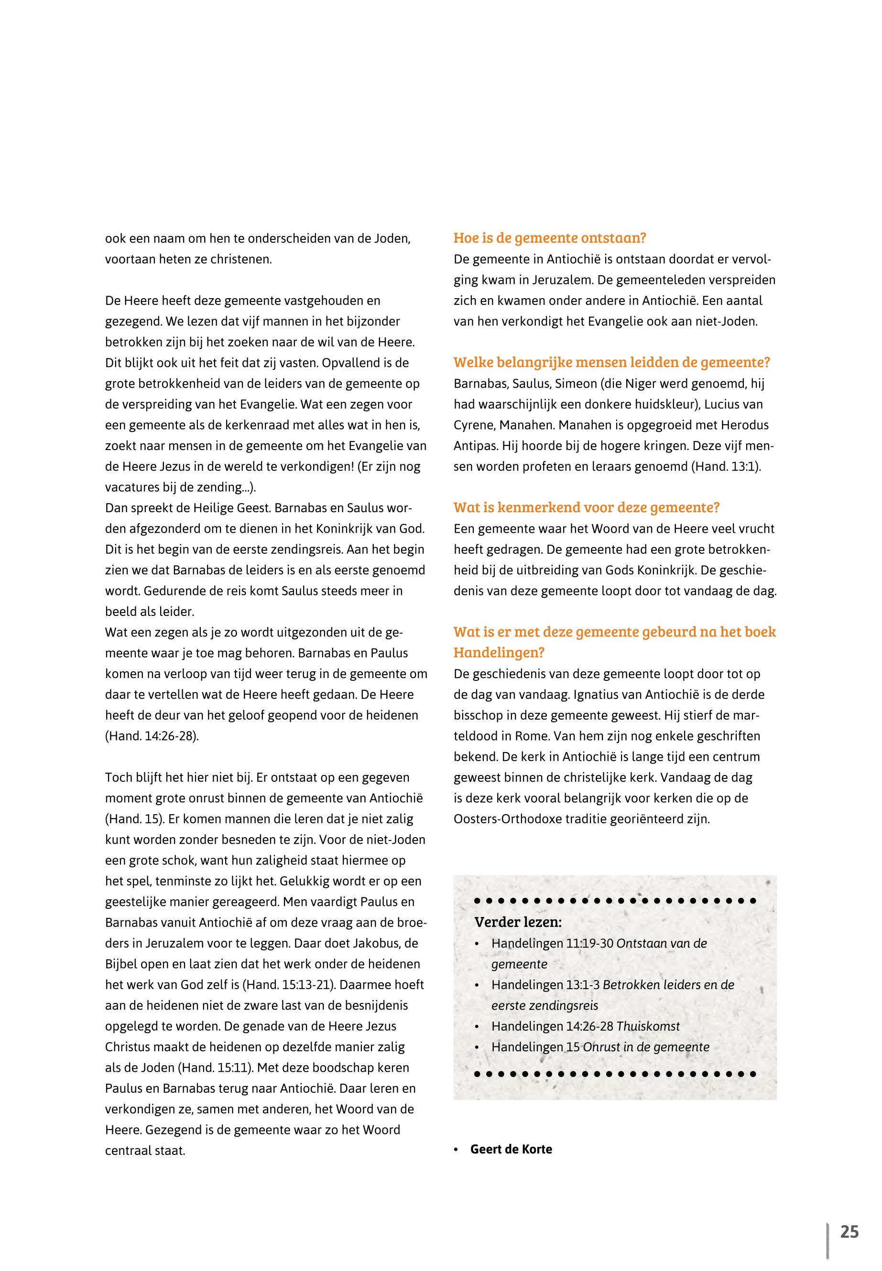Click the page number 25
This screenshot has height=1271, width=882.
click(x=849, y=1232)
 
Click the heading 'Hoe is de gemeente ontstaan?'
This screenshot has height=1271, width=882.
click(x=550, y=238)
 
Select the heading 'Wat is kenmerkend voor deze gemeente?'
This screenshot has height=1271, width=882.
click(x=587, y=507)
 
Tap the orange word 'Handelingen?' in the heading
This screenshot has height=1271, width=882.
click(x=499, y=652)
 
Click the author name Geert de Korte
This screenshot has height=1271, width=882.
click(x=511, y=1149)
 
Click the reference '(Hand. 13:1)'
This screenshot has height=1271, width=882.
click(x=726, y=466)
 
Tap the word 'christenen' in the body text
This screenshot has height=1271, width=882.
click(x=242, y=259)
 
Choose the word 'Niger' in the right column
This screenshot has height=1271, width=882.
click(x=648, y=383)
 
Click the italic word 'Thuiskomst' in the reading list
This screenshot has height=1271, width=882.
click(x=648, y=1026)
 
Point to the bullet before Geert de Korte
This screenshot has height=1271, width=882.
click(x=456, y=1150)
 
